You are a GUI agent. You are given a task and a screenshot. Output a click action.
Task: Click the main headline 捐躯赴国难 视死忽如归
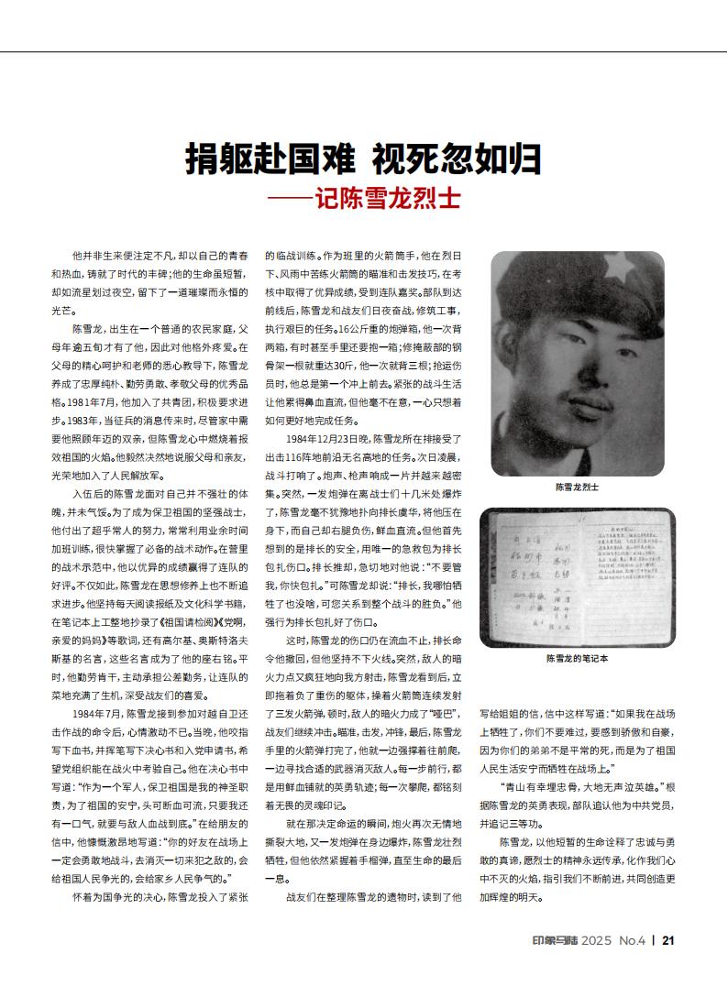point(363,160)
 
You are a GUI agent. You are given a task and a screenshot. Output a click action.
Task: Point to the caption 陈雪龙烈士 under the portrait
point(577,488)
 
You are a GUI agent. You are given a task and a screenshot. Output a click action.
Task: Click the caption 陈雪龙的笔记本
point(577,659)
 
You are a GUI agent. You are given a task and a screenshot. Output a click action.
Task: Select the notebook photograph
point(577,574)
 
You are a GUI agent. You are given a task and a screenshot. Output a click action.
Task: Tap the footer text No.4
point(633,940)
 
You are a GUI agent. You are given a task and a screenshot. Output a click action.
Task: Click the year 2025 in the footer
point(594,940)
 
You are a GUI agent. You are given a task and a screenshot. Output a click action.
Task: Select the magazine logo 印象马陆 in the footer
point(552,940)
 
